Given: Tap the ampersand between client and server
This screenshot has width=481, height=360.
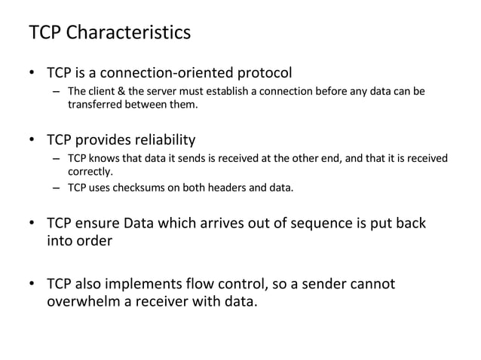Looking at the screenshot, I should (x=121, y=92).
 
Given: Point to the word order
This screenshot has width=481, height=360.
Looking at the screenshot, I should (x=96, y=243).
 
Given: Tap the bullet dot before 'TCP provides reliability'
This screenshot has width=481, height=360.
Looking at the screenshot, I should (x=32, y=141).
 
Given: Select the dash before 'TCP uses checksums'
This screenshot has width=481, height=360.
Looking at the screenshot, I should (x=57, y=188).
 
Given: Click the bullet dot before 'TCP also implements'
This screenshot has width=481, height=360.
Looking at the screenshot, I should (x=32, y=285).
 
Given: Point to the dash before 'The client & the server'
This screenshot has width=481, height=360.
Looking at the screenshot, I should (x=57, y=92).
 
